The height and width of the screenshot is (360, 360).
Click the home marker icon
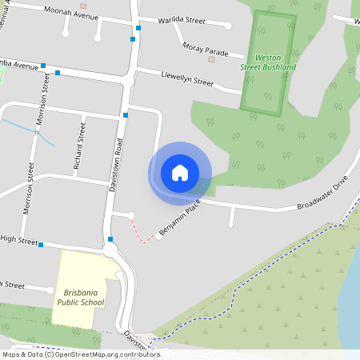point(180,173)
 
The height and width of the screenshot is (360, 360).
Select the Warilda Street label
point(182,19)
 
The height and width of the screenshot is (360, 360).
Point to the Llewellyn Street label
point(186,81)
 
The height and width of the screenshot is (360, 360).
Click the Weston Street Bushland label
point(269,62)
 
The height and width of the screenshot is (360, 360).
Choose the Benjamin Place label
point(178,218)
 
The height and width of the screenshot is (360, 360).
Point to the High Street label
point(19,239)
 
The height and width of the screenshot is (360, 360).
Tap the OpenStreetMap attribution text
point(81,354)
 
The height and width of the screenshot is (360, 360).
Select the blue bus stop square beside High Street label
point(41,245)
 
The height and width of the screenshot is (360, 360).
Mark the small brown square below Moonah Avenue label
point(83,27)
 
